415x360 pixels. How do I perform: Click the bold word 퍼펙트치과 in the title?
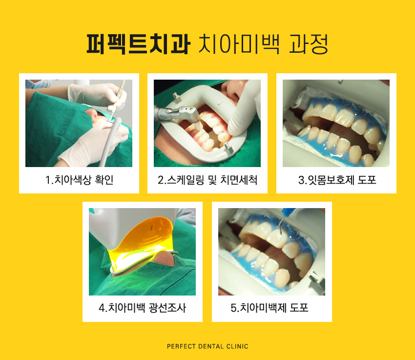click(x=138, y=45)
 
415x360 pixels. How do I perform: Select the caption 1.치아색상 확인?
click(x=79, y=180)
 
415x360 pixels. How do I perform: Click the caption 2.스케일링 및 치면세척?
click(x=207, y=180)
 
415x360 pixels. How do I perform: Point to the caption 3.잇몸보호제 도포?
click(x=337, y=180)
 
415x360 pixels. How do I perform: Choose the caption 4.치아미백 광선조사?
click(x=142, y=308)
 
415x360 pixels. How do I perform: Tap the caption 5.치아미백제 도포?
click(x=272, y=308)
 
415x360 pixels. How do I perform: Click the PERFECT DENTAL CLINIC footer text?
click(x=207, y=346)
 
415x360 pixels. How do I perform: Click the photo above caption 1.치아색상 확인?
click(x=79, y=123)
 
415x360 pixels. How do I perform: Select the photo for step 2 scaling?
click(x=207, y=123)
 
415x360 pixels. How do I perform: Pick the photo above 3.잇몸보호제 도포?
click(x=336, y=123)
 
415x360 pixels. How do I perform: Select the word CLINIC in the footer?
click(x=237, y=346)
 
